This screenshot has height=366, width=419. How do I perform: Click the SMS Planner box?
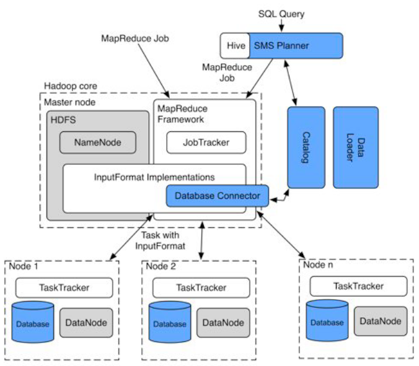click(x=296, y=46)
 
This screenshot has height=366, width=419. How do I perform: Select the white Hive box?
click(x=235, y=46)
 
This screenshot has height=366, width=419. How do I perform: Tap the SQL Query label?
click(x=281, y=14)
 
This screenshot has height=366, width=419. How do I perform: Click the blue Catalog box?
click(x=306, y=147)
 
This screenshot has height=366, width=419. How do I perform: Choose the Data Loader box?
click(x=356, y=147)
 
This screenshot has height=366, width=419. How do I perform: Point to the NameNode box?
click(x=98, y=142)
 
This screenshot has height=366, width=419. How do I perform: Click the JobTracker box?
click(x=206, y=142)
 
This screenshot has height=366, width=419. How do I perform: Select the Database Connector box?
click(x=218, y=196)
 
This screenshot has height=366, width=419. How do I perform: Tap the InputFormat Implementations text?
click(x=154, y=177)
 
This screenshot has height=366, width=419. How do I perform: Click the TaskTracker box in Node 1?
click(x=64, y=287)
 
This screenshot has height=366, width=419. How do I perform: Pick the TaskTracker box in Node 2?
click(x=201, y=287)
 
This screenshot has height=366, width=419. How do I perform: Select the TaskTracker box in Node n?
click(x=359, y=286)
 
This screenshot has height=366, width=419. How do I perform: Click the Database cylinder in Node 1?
click(x=33, y=322)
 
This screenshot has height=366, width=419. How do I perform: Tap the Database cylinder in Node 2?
click(x=170, y=322)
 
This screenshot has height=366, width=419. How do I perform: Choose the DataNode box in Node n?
click(x=381, y=321)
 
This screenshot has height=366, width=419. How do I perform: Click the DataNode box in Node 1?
click(x=86, y=323)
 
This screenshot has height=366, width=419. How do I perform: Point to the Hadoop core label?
click(x=71, y=86)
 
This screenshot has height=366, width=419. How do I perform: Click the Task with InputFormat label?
click(x=160, y=240)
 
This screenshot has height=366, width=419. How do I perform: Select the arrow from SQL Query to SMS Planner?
click(x=281, y=26)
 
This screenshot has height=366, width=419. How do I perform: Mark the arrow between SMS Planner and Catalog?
click(x=291, y=83)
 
